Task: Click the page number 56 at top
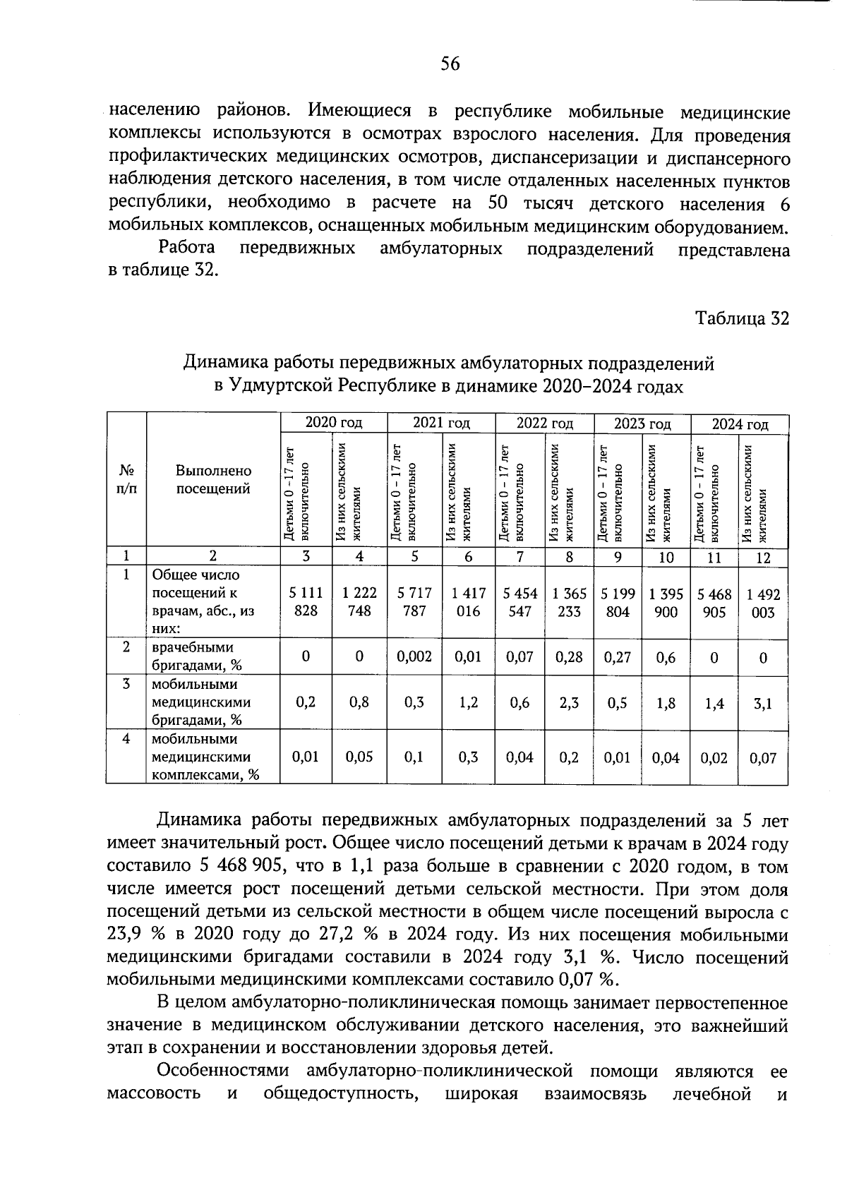click(x=450, y=64)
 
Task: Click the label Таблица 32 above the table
click(x=742, y=318)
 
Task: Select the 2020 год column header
click(x=333, y=423)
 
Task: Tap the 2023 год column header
click(x=642, y=424)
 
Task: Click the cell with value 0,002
click(x=414, y=657)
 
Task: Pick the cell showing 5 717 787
click(x=414, y=602)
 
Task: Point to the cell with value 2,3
click(x=569, y=703)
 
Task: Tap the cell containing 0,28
click(x=569, y=657)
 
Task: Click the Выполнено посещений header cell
click(x=213, y=479)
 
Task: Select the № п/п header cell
click(x=126, y=479)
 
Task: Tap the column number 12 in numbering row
click(x=762, y=558)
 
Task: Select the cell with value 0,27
click(x=618, y=657)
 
